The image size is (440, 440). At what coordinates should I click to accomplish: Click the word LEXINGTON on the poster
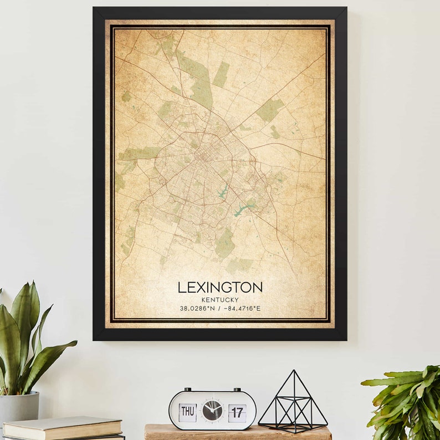[220, 287]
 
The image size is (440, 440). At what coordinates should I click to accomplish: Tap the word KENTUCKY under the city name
[220, 300]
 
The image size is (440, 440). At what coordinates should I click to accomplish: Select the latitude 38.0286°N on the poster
[197, 309]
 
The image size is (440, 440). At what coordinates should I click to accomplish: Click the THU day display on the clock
[187, 412]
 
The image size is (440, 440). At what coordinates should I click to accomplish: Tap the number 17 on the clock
[237, 412]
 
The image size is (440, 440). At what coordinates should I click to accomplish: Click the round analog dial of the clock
[212, 411]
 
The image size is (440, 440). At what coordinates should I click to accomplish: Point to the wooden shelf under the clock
[238, 434]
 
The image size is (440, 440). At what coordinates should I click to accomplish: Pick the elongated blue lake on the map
[243, 208]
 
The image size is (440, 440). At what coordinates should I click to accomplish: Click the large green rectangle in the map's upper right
[270, 110]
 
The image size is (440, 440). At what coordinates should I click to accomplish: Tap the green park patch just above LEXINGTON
[224, 244]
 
